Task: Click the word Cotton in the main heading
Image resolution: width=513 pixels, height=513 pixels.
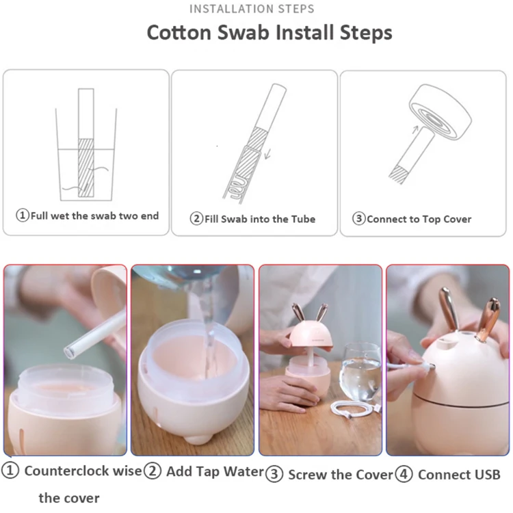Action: click(179, 33)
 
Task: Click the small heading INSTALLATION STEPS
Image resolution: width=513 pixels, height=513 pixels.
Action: click(252, 9)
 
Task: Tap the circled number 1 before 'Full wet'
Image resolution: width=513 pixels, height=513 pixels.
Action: click(23, 215)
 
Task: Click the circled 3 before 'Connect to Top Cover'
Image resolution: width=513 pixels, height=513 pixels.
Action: click(358, 218)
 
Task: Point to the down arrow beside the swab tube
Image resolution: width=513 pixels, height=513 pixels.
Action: click(267, 154)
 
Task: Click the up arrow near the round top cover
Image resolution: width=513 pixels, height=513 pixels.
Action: click(415, 129)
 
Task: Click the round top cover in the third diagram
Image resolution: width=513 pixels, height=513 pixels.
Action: click(440, 112)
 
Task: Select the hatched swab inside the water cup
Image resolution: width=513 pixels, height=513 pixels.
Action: click(86, 168)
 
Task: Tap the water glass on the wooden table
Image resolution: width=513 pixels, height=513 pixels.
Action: click(359, 372)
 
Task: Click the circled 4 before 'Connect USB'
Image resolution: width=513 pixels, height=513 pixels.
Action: click(404, 474)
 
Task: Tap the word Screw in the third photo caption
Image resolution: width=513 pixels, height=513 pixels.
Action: click(308, 475)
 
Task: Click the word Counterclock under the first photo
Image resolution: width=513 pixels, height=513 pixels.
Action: click(67, 471)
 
